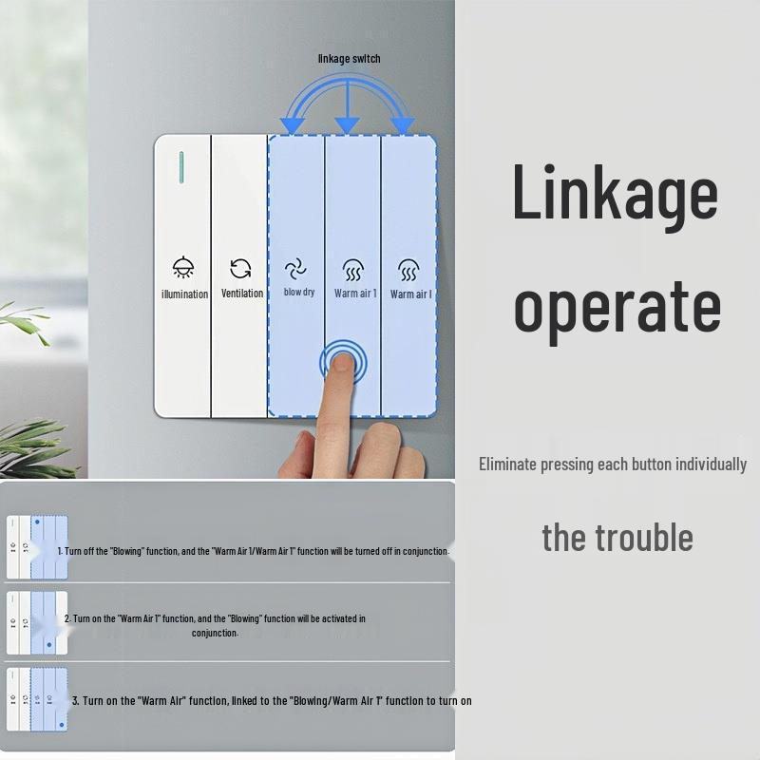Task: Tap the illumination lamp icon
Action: click(183, 269)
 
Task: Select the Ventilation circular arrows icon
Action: click(241, 269)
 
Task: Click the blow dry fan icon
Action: click(298, 269)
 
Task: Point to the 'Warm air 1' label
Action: click(355, 294)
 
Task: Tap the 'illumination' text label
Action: click(184, 294)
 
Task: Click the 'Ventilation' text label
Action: click(242, 294)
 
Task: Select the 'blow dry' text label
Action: click(298, 293)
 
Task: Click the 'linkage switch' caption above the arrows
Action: click(349, 59)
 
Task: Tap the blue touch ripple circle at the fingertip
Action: click(342, 362)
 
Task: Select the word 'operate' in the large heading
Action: click(617, 306)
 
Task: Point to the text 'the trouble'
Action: click(617, 538)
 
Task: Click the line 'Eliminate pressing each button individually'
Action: click(612, 465)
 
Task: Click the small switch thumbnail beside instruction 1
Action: click(37, 546)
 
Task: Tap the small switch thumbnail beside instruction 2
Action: click(37, 623)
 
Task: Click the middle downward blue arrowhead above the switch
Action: click(348, 123)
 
